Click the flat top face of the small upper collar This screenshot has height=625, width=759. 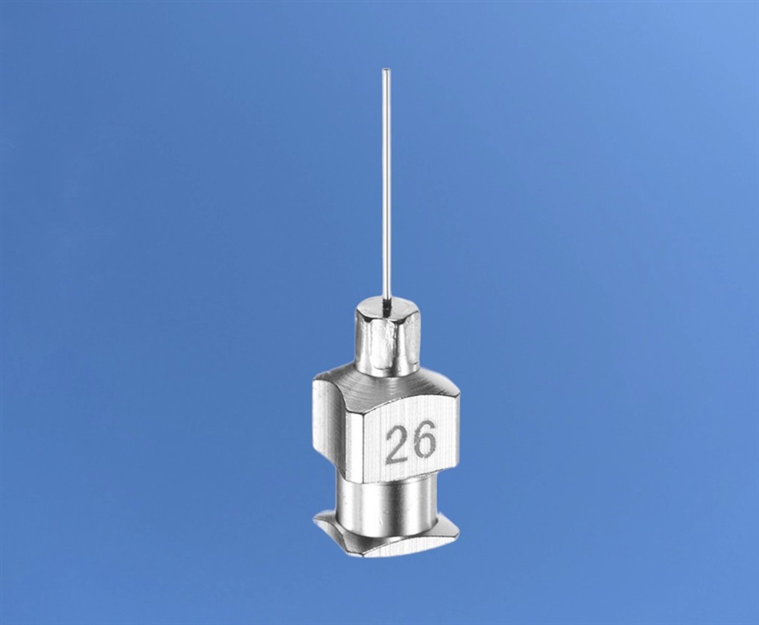pos(387,308)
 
